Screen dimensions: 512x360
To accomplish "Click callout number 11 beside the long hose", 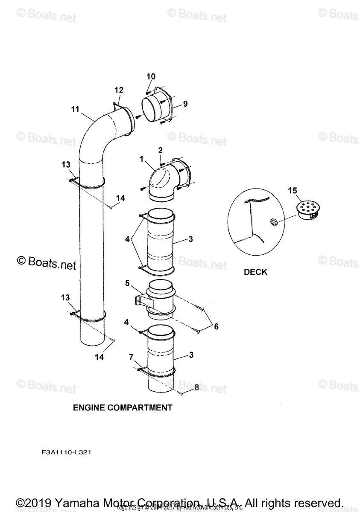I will point(75,110).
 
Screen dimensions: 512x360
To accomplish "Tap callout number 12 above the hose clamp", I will point(119,90).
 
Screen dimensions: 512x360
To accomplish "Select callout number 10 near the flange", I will point(151,77).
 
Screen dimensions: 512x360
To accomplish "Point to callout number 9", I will point(185,104).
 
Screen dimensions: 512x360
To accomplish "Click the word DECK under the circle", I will point(255,272).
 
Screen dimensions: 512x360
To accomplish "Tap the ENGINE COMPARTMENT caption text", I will point(123,407).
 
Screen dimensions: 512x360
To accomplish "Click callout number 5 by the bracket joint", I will point(127,282).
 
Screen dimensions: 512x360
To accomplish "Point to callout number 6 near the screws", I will point(216,326).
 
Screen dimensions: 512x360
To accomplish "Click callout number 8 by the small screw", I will point(196,388).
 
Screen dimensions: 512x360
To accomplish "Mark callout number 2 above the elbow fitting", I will point(161,150).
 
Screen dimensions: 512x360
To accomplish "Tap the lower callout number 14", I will point(99,358).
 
